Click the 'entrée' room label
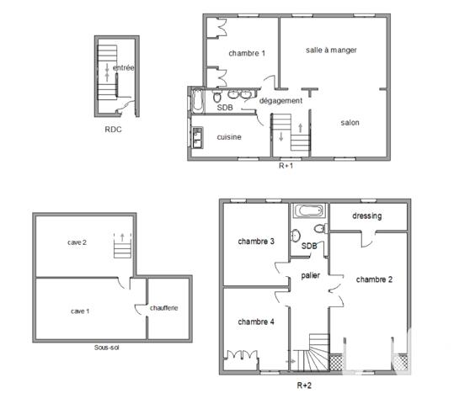point(125,67)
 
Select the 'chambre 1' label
point(247,54)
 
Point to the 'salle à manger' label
point(331,50)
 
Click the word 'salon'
point(350,123)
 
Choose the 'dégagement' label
point(280,101)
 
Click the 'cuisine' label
point(230,136)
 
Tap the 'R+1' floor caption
point(286,166)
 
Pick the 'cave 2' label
point(77,242)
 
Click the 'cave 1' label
point(80,311)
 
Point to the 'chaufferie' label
point(164,308)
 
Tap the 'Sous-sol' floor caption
point(107,347)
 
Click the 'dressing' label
point(367,215)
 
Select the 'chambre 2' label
point(374,279)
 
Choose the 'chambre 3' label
point(255,242)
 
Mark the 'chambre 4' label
point(255,322)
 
